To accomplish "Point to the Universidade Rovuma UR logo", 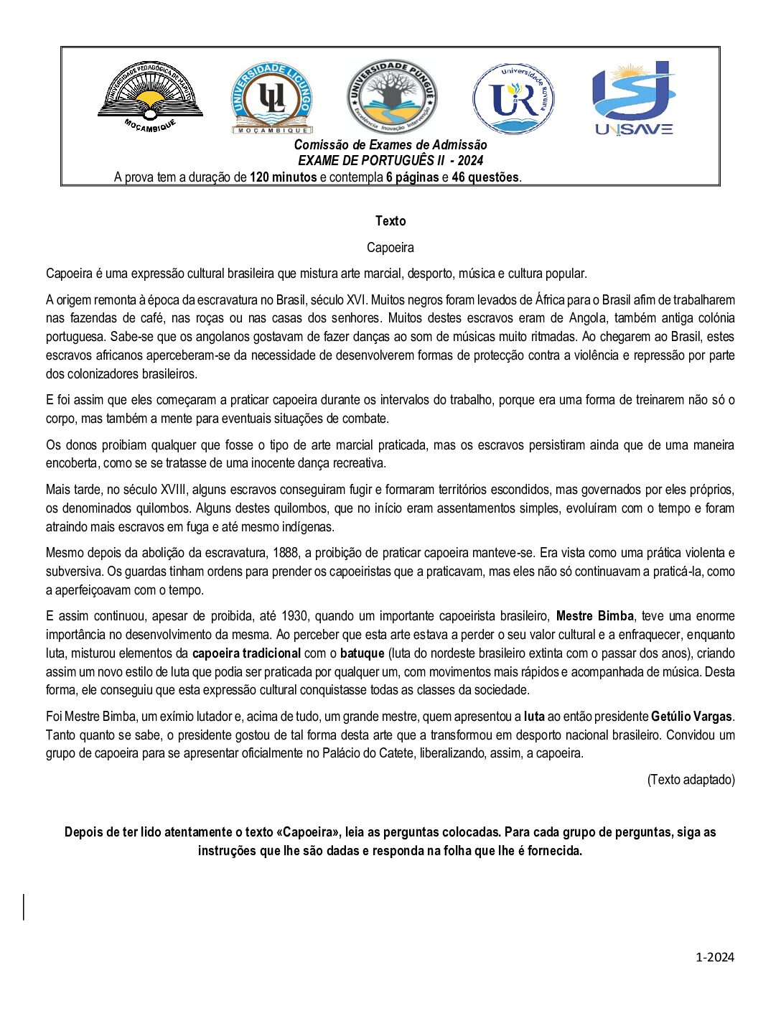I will point(513,98).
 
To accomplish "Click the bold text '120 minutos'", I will point(283,177).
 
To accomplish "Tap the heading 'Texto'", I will point(390,221).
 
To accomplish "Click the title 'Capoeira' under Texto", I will point(390,248).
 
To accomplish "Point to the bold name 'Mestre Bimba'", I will point(595,616).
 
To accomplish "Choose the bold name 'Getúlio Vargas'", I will point(691,717).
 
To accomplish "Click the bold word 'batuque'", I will point(363,653).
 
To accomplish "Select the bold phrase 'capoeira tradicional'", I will point(246,653).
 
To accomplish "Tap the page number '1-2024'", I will point(715,957).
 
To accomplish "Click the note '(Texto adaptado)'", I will point(691,780).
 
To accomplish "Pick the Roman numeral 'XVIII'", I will point(169,490).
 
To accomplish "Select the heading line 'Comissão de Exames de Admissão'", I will point(390,145).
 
